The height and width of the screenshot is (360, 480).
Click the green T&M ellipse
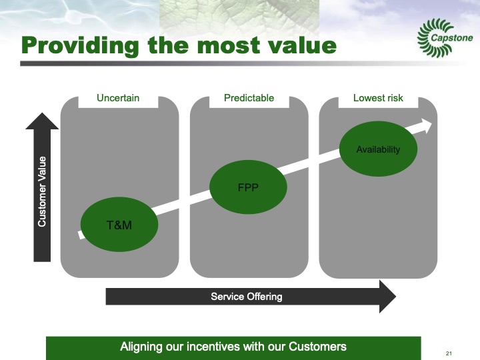120,225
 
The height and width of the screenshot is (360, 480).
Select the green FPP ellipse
248,187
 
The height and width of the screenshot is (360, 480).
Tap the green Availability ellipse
378,149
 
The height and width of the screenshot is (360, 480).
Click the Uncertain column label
118,98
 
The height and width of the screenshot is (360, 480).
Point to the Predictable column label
249,98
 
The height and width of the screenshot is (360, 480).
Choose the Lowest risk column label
378,98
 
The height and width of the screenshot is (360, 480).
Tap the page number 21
449,353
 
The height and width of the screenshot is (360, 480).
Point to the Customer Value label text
42,191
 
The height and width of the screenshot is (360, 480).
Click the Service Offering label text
247,296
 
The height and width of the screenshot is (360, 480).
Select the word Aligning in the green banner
141,347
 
